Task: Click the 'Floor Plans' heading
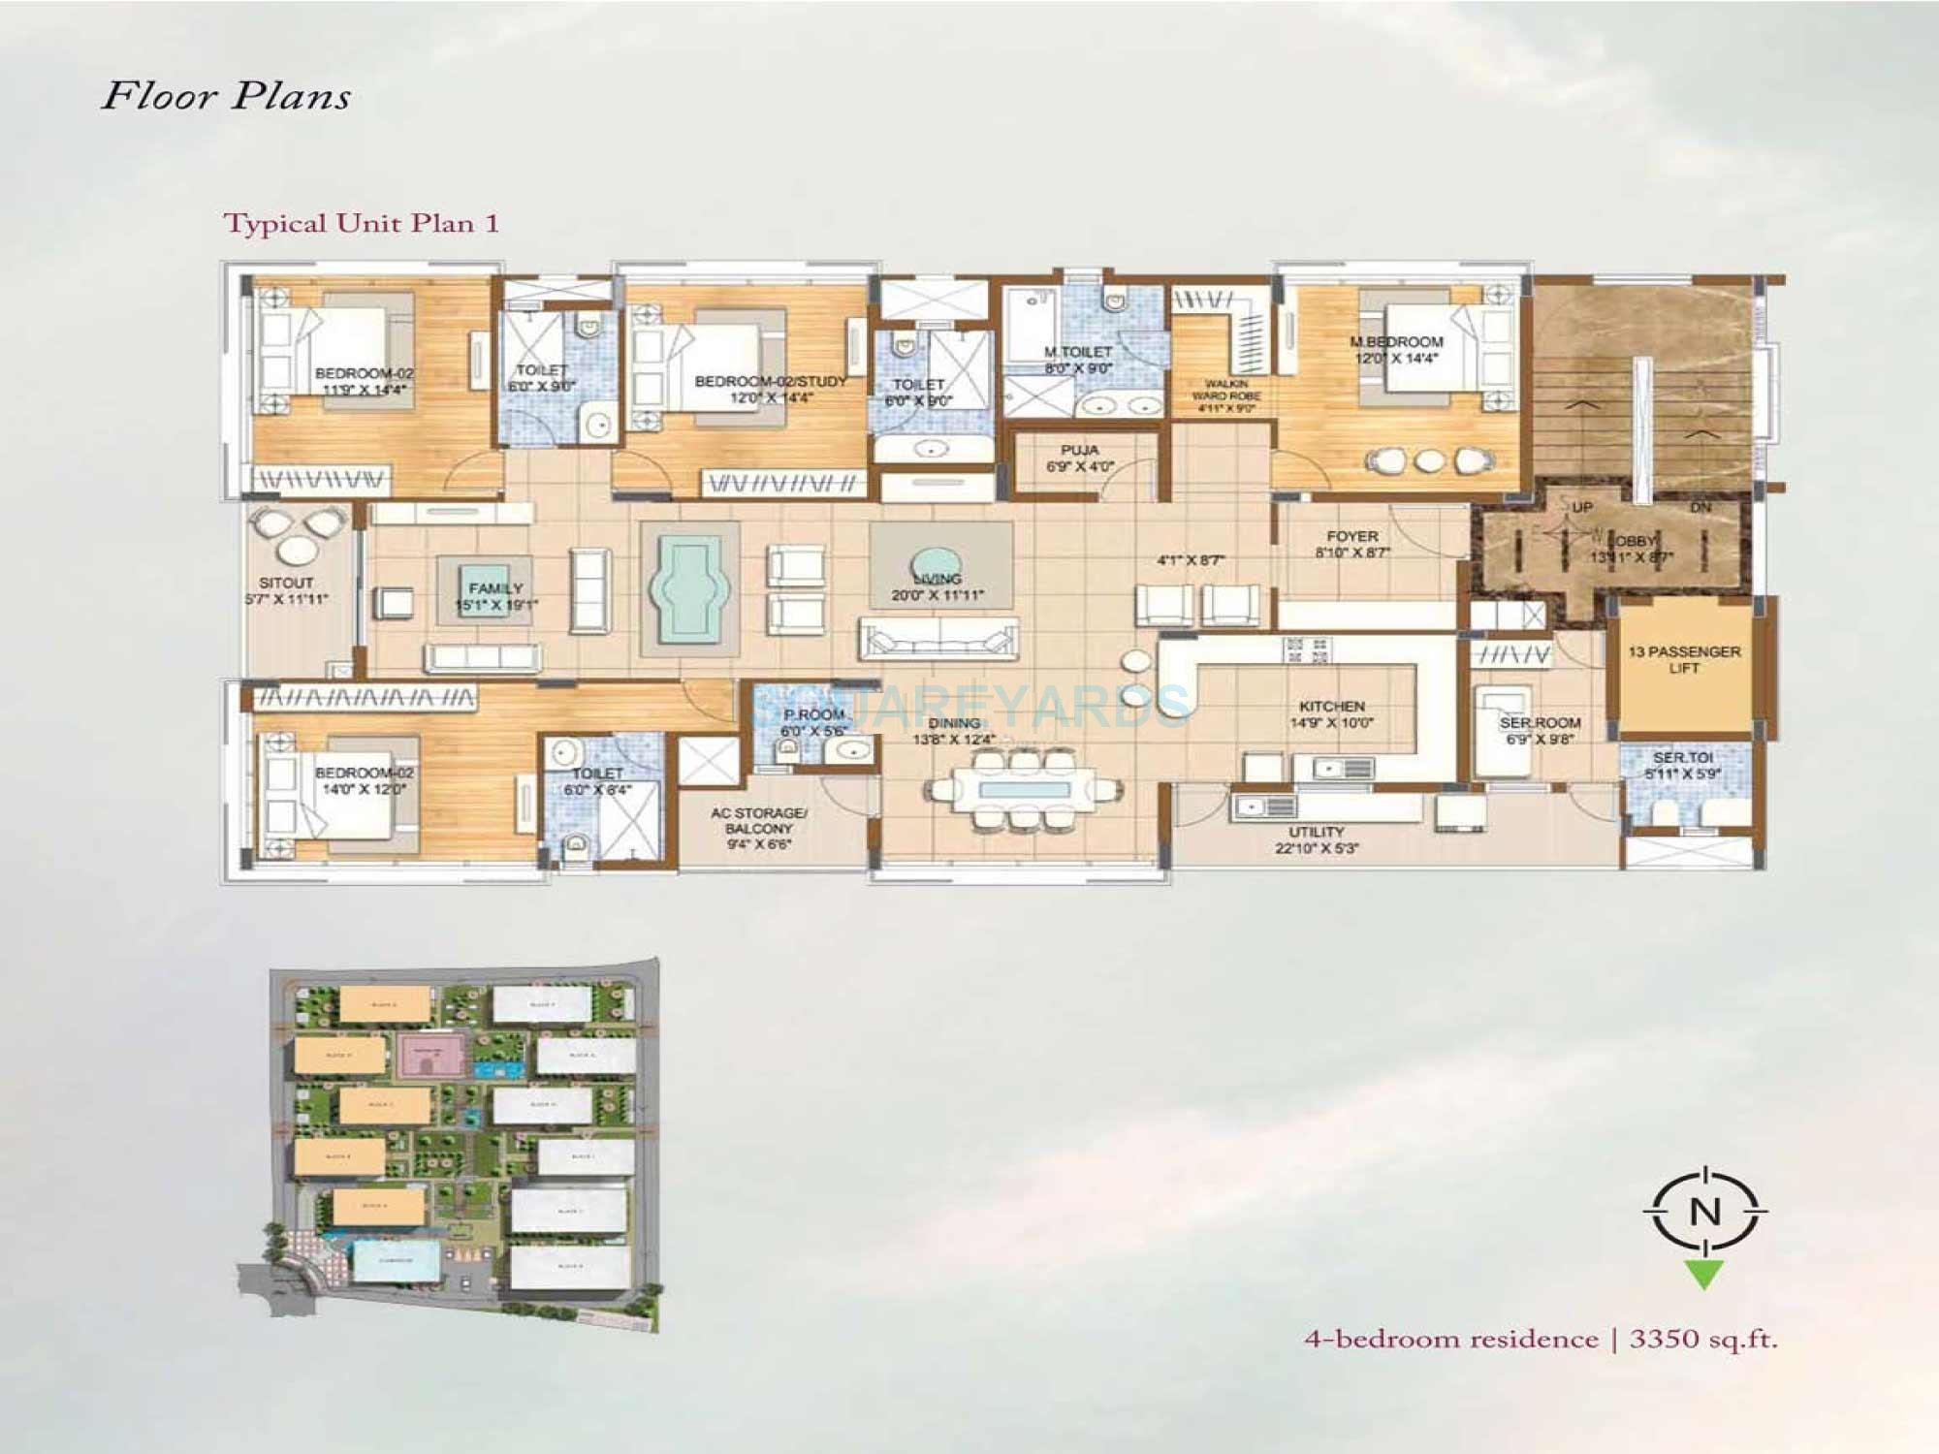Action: [x=226, y=96]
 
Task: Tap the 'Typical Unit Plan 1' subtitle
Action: [x=362, y=223]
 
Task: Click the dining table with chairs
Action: [x=1024, y=789]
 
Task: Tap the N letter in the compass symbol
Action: [x=1704, y=1212]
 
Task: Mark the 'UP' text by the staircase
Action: [x=1582, y=507]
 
